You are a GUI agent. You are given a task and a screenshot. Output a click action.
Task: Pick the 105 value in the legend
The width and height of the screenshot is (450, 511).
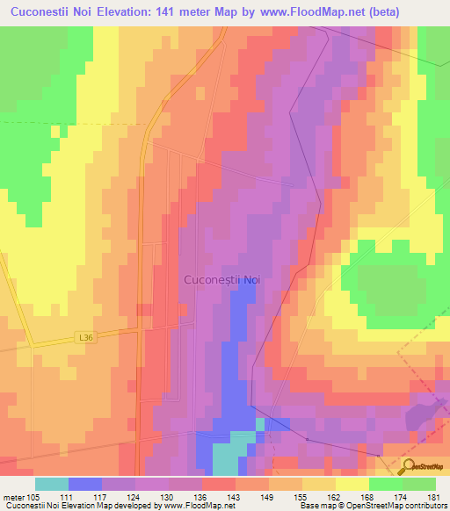[35, 497]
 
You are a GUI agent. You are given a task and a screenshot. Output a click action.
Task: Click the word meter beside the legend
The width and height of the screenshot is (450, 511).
[12, 497]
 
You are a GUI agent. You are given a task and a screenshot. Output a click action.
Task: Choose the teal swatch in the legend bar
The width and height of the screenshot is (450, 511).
[52, 484]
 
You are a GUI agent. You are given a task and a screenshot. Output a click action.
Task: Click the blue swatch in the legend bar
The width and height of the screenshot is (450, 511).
[85, 484]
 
